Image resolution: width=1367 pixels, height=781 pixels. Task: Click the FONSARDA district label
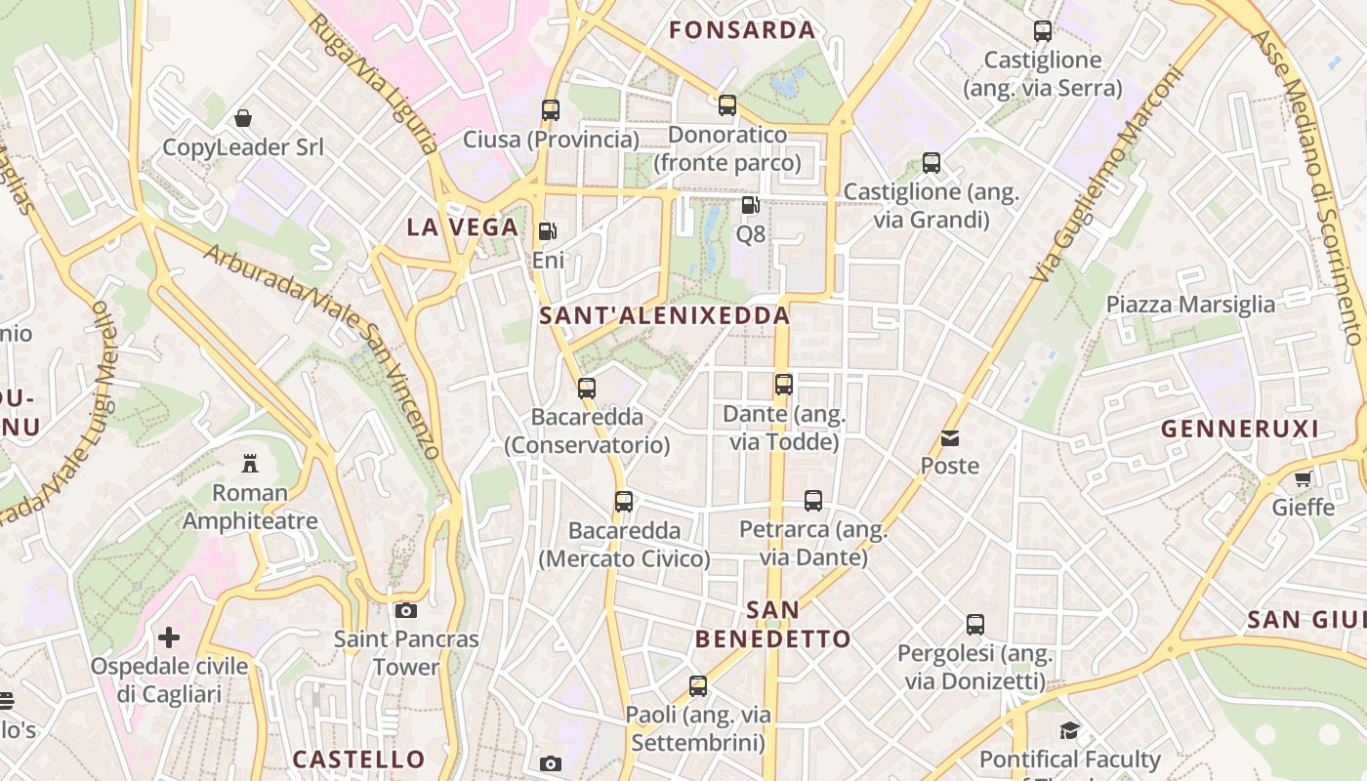[x=742, y=30]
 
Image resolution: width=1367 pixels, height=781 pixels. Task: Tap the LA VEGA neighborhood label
[x=462, y=227]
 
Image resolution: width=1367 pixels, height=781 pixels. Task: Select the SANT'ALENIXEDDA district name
[x=665, y=315]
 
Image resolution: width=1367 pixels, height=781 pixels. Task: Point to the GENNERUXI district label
[x=1240, y=429]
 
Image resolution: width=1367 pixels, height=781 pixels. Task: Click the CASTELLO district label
[x=359, y=759]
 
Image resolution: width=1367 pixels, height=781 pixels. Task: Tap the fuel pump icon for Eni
[x=548, y=231]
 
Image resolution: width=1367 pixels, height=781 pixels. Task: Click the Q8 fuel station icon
[x=750, y=205]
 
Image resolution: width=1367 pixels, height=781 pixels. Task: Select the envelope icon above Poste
[x=950, y=437]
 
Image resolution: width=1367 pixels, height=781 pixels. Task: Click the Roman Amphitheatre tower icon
[x=250, y=463]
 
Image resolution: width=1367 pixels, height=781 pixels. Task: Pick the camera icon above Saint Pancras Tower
[x=406, y=611]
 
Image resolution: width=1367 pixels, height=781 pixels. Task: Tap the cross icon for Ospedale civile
[x=169, y=637]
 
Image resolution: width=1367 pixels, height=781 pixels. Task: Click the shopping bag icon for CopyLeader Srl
[x=243, y=118]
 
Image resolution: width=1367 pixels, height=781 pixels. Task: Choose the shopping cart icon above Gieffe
[x=1303, y=478]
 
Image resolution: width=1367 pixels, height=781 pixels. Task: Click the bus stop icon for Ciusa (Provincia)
[x=551, y=110]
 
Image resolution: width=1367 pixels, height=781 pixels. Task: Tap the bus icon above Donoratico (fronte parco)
[x=727, y=105]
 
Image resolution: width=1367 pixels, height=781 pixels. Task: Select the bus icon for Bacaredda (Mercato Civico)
[x=624, y=502]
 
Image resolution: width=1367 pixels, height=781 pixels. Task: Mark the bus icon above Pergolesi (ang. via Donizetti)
[x=975, y=625]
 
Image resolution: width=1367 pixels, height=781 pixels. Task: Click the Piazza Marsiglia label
[x=1190, y=305]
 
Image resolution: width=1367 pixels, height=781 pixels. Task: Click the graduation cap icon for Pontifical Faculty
[x=1070, y=730]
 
